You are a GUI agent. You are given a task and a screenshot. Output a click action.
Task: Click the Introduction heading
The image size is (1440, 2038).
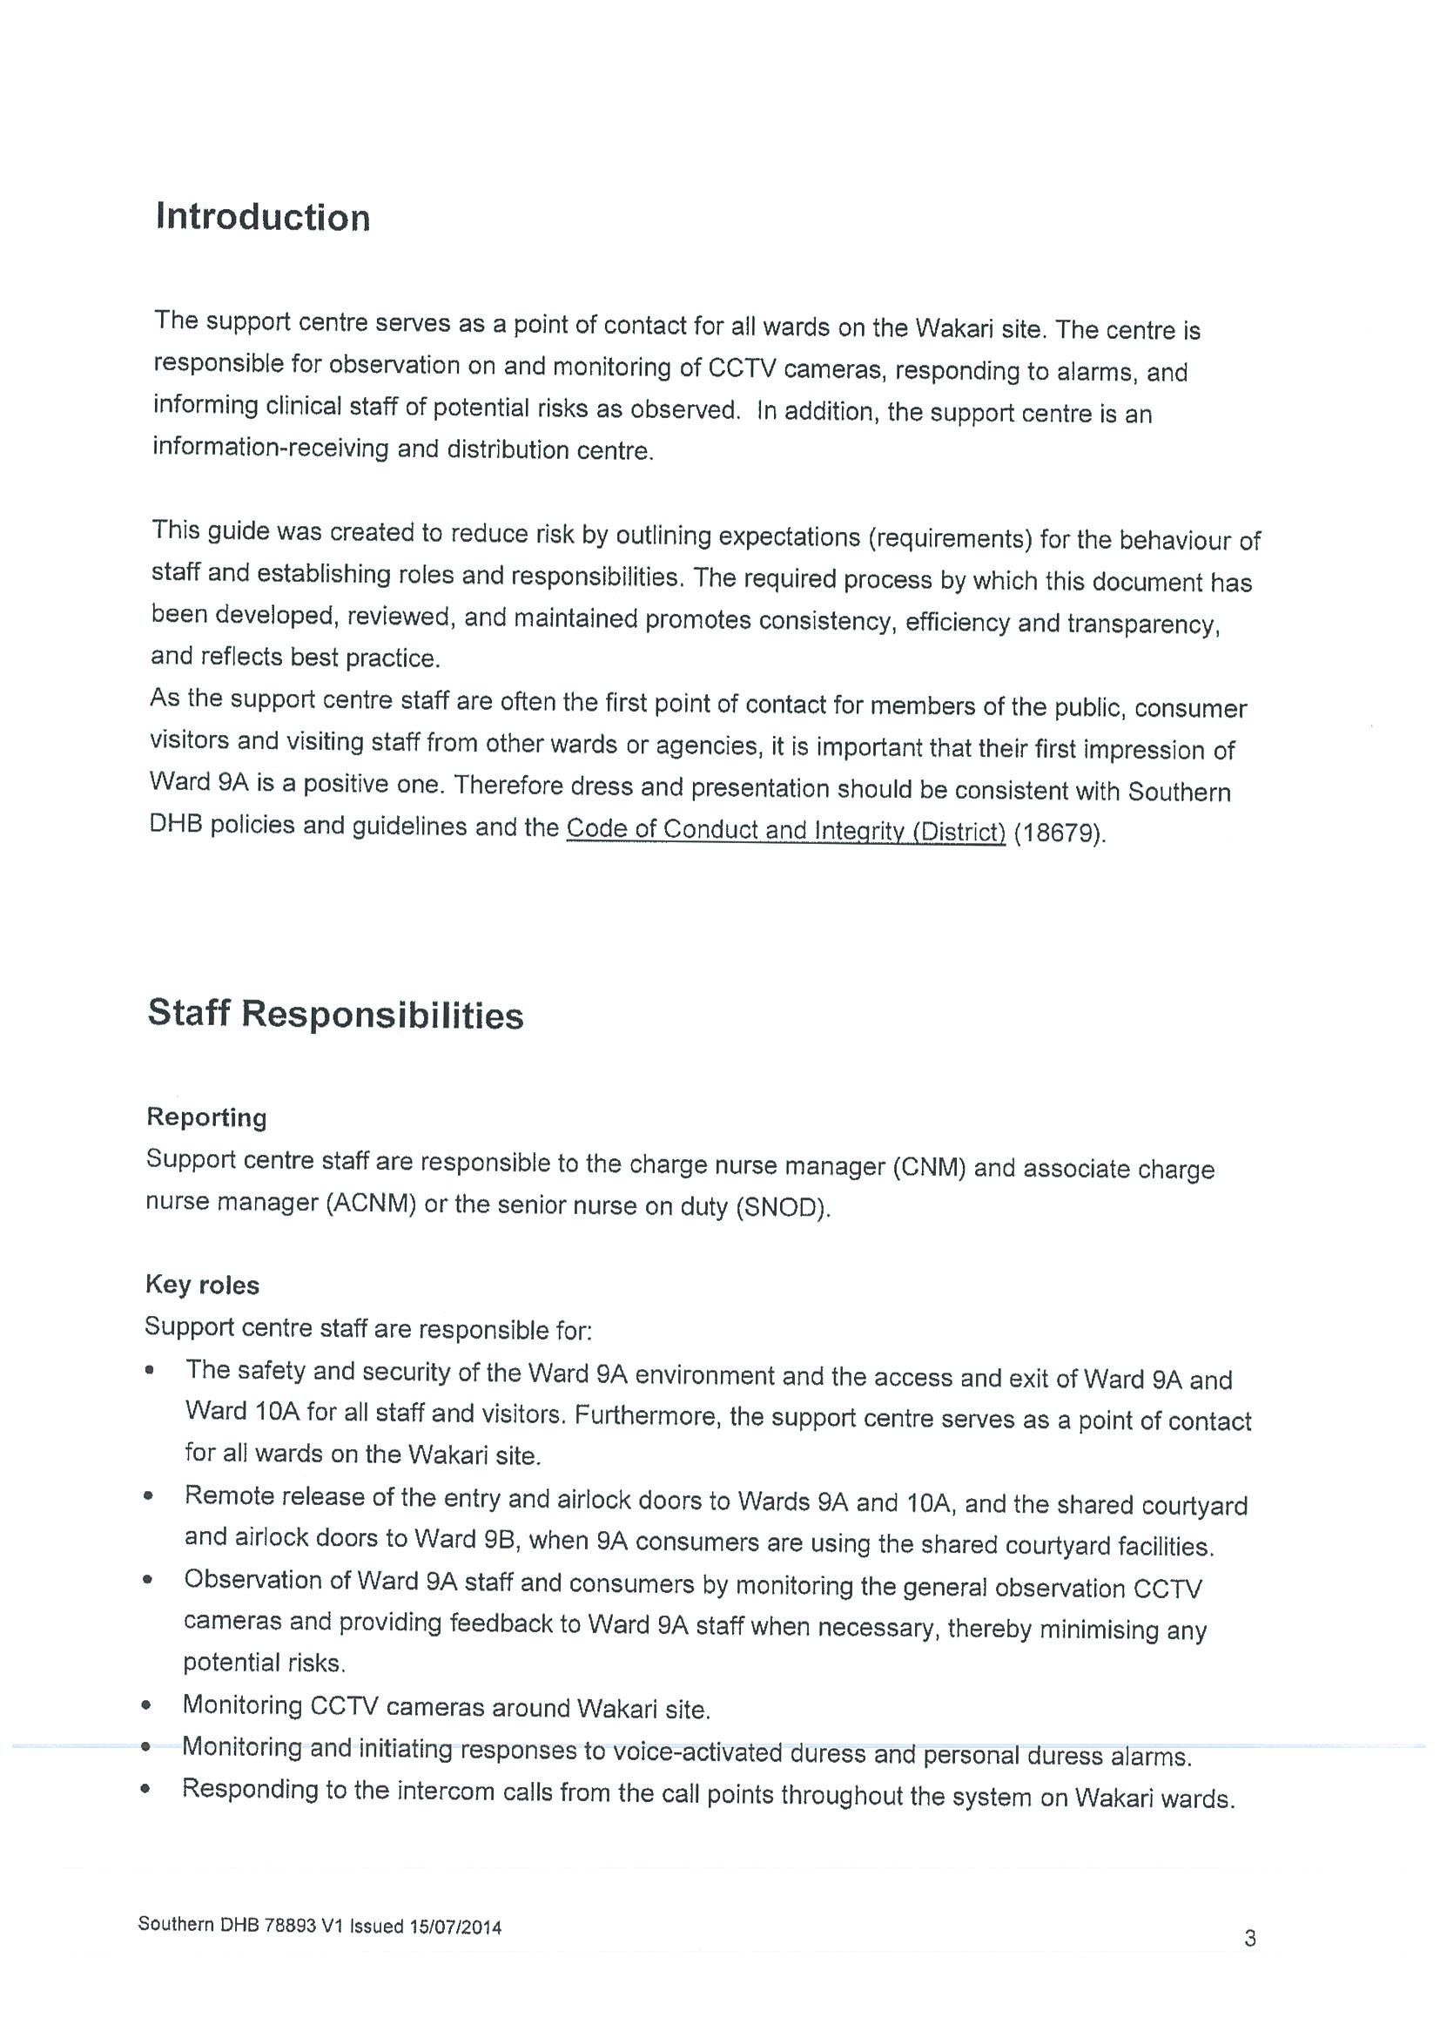point(263,218)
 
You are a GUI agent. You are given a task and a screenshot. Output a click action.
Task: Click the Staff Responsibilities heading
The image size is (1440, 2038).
point(335,1015)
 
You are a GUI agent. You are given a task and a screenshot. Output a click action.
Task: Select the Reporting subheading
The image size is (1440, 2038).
point(206,1117)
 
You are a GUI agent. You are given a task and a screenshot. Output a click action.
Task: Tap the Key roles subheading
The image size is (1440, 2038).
point(202,1286)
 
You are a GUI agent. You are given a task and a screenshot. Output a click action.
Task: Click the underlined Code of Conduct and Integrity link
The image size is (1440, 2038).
point(785,830)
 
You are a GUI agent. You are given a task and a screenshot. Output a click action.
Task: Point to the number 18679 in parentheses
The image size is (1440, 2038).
point(1059,833)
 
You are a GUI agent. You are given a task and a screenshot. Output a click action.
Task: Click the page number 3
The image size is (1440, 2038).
point(1249,1939)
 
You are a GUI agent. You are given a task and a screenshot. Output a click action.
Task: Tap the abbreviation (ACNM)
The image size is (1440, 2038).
point(371,1205)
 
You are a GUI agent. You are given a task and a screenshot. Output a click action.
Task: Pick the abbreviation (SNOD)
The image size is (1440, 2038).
point(783,1208)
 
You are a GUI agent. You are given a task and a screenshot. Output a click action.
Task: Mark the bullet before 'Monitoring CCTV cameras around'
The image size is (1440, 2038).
point(146,1706)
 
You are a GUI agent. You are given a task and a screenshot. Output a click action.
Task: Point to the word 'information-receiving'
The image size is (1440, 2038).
point(271,448)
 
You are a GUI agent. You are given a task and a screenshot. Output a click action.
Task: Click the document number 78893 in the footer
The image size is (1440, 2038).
point(290,1926)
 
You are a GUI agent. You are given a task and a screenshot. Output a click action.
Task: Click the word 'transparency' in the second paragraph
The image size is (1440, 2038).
point(1143,624)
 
